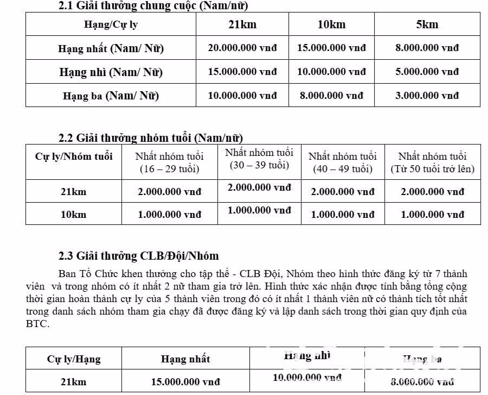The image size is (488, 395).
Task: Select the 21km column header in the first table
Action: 242,24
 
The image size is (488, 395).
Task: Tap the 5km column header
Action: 427,24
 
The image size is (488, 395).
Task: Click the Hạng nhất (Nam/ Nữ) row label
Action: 111,48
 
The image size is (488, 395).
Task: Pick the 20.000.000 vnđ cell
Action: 242,48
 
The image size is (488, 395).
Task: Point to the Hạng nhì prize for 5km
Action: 427,72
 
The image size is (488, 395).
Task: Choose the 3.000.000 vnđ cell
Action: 427,95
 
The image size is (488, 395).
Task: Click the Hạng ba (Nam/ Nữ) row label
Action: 111,96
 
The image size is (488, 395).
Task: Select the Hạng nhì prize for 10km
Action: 331,72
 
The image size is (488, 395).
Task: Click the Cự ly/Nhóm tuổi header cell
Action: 74,156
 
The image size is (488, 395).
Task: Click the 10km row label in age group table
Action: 74,215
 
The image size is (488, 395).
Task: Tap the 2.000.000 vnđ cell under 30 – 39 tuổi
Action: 259,187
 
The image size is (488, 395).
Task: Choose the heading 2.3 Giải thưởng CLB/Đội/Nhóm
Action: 139,255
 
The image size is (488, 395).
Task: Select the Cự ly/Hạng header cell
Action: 74,359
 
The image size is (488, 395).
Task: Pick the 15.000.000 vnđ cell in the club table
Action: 185,382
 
